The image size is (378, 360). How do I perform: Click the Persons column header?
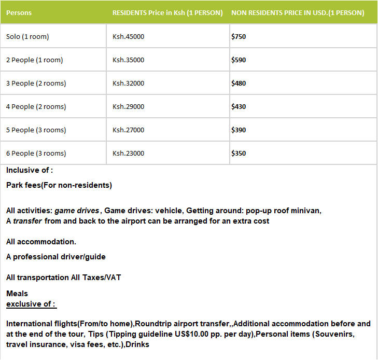pos(19,13)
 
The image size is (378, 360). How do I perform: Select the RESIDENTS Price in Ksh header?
pos(167,13)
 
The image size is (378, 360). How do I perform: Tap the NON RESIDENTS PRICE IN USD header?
pos(297,13)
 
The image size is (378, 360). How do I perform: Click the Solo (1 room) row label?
pos(27,37)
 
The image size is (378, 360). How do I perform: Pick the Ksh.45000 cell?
pos(128,37)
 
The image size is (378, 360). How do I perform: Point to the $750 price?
pos(239,37)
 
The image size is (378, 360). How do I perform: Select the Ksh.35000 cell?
pos(128,60)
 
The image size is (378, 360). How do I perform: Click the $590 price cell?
pos(239,60)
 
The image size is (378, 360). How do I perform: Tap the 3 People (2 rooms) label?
pos(36,84)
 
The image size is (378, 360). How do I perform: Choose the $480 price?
pos(239,84)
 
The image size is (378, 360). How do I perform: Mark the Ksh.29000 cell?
pos(128,107)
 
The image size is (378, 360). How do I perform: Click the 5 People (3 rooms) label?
pos(36,130)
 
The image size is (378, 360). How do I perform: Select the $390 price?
pos(239,130)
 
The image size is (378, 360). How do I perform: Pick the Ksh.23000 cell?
pos(128,154)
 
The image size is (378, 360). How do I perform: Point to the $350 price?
pos(239,154)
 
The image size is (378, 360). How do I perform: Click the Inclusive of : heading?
pos(30,170)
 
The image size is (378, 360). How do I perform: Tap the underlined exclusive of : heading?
pos(31,304)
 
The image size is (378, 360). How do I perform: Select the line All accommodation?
pos(41,242)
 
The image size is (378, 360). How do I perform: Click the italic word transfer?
pos(27,221)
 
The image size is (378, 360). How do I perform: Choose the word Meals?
pos(17,294)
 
